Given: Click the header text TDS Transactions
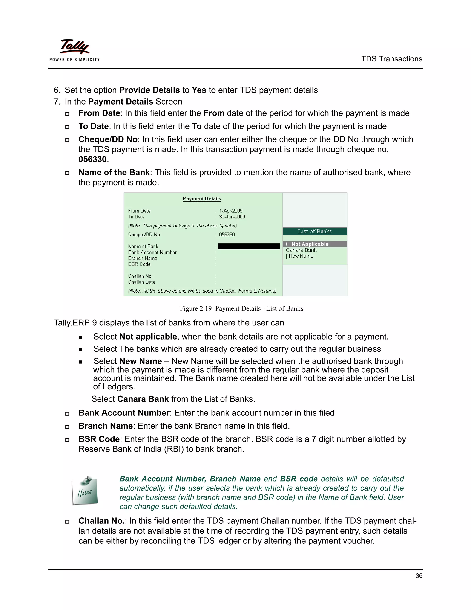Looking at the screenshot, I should pyautogui.click(x=391, y=59).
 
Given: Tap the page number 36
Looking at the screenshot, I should pyautogui.click(x=419, y=576).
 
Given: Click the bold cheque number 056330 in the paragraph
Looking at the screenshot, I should pyautogui.click(x=93, y=160).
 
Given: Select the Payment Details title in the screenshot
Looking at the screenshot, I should pyautogui.click(x=202, y=199).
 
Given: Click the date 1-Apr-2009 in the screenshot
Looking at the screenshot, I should pyautogui.click(x=231, y=211).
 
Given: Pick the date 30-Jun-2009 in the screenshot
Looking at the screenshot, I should pyautogui.click(x=232, y=217).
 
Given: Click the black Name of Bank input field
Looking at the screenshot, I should pyautogui.click(x=249, y=246).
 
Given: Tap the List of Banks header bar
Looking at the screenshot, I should pyautogui.click(x=315, y=231).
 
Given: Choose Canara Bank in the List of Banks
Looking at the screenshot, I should pyautogui.click(x=301, y=250).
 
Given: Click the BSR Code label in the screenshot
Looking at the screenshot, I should pyautogui.click(x=139, y=264).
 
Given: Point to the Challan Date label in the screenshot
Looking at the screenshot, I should pyautogui.click(x=142, y=282).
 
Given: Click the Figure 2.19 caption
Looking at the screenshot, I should pyautogui.click(x=241, y=308).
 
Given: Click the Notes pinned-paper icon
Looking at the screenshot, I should pyautogui.click(x=85, y=491).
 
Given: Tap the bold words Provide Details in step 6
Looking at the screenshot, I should pyautogui.click(x=149, y=90).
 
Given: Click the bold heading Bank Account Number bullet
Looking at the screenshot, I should pyautogui.click(x=124, y=413).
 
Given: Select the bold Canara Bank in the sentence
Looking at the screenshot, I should pyautogui.click(x=143, y=399).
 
